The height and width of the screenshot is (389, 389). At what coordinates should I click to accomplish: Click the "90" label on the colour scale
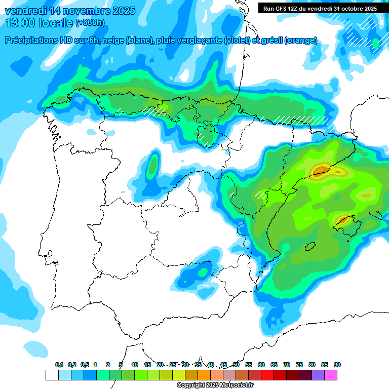coord(337,365)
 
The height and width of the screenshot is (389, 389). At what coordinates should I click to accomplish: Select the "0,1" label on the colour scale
coord(59,365)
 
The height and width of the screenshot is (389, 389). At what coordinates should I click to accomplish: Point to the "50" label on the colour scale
coord(236,365)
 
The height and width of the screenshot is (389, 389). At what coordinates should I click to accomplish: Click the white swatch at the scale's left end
coord(52,375)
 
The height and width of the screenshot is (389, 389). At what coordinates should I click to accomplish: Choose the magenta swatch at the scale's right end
coord(331,375)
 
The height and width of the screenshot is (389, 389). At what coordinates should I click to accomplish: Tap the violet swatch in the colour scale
coord(318,375)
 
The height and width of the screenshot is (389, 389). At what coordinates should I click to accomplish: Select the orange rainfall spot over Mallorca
coord(342,220)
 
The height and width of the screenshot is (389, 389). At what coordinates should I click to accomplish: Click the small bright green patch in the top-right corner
coord(375,44)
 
